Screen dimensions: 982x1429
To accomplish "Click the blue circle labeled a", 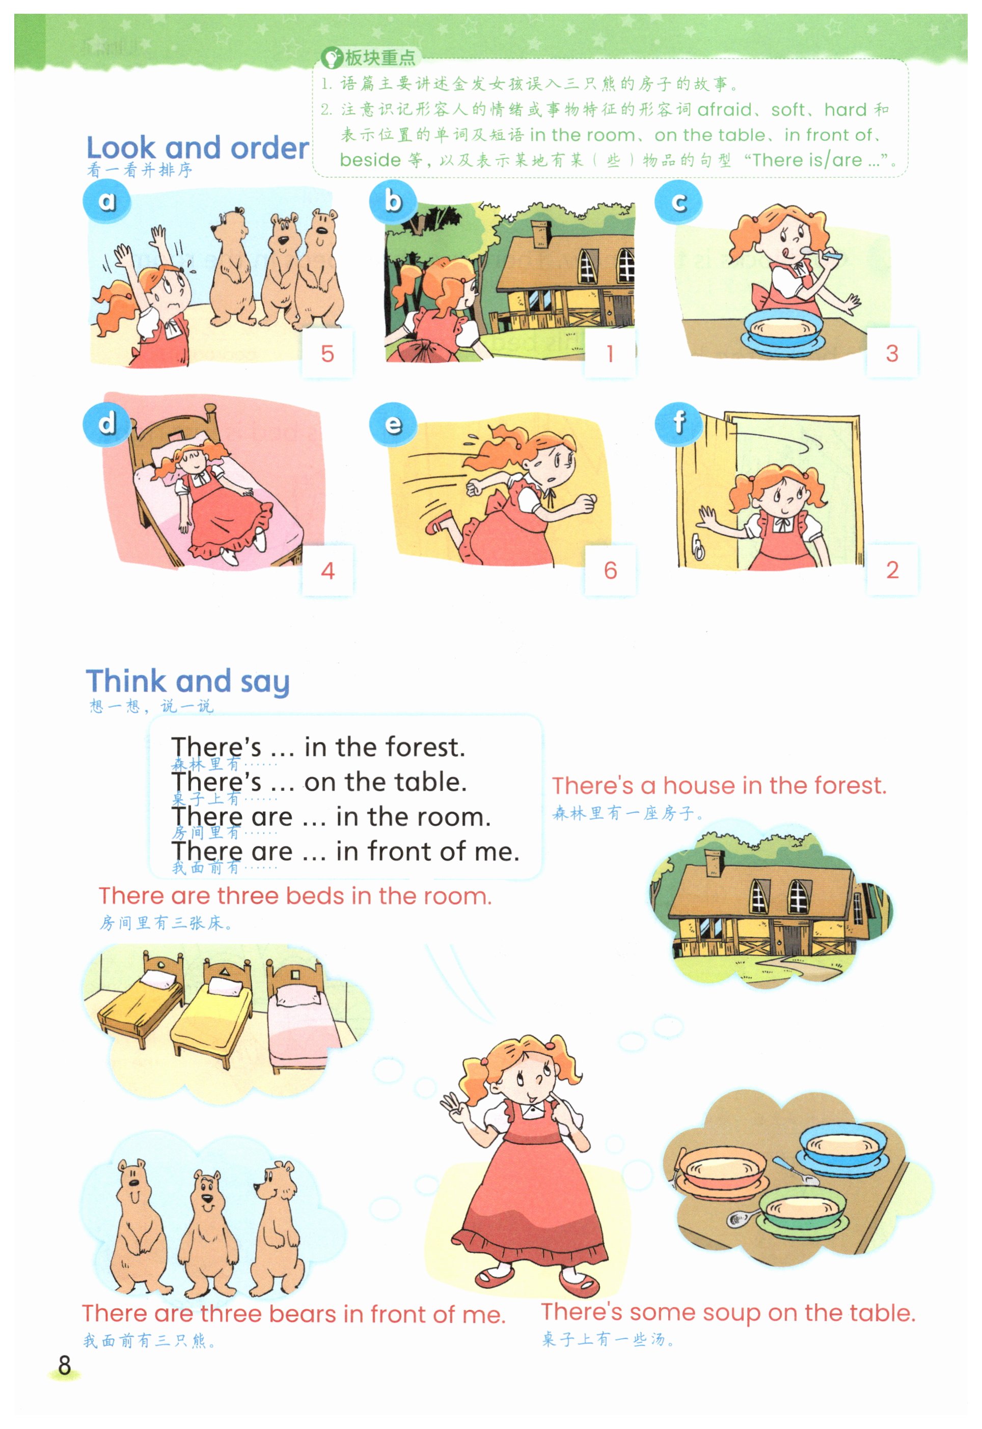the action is coord(106,201).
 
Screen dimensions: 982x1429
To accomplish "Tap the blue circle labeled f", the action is coord(678,423).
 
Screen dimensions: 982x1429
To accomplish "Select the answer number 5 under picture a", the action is coord(328,354).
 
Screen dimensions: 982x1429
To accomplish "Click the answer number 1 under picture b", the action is coord(610,354).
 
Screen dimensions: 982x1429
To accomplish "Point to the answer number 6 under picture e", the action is coord(610,570).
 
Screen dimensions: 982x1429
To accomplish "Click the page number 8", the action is coord(65,1364).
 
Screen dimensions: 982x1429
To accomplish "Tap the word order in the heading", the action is coord(269,148).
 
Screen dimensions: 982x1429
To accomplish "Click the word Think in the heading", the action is coord(126,680).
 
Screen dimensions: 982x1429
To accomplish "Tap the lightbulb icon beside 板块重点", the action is coord(332,59).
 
